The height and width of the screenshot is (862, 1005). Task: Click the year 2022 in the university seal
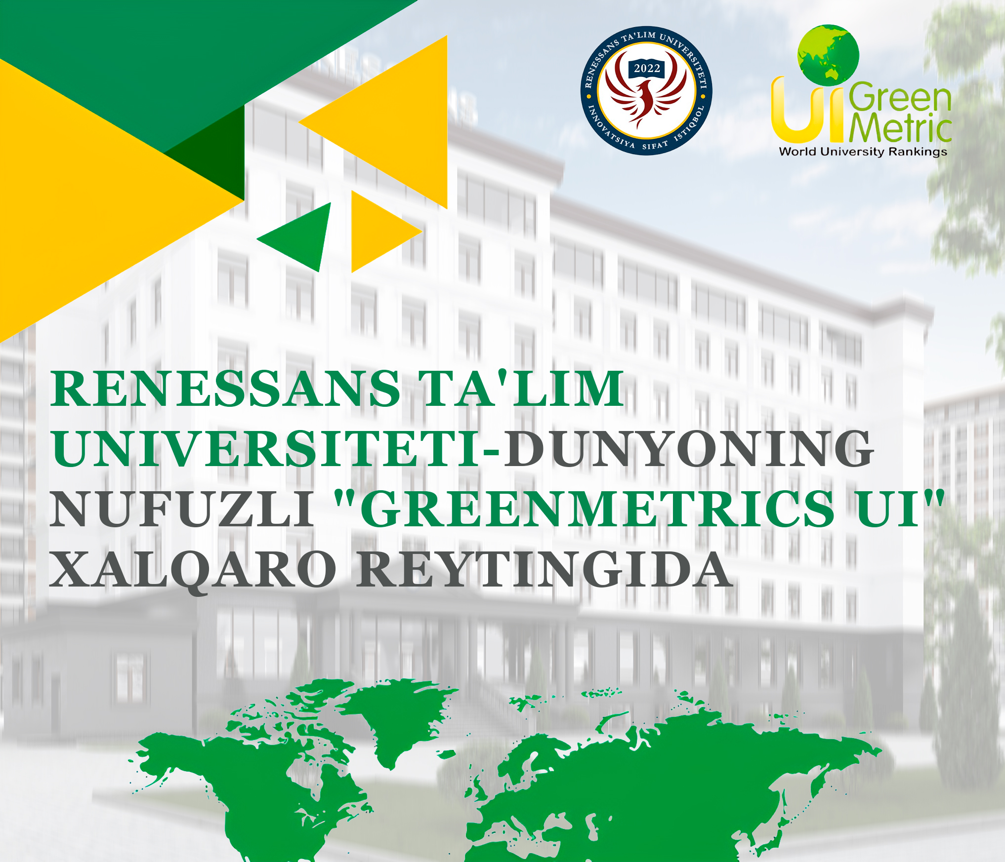coord(647,69)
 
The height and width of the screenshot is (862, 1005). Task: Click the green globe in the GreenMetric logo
coord(829,55)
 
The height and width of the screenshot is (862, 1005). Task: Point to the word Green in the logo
coord(900,97)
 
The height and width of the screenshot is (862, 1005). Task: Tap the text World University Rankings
coord(863,152)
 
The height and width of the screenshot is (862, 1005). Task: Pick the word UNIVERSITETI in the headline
coord(266,448)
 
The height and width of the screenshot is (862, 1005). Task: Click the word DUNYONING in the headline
coord(688,448)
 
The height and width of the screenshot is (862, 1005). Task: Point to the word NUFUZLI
coord(182,509)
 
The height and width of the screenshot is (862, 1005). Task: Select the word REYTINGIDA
coord(545,569)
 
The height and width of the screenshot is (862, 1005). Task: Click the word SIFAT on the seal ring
coord(655,145)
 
